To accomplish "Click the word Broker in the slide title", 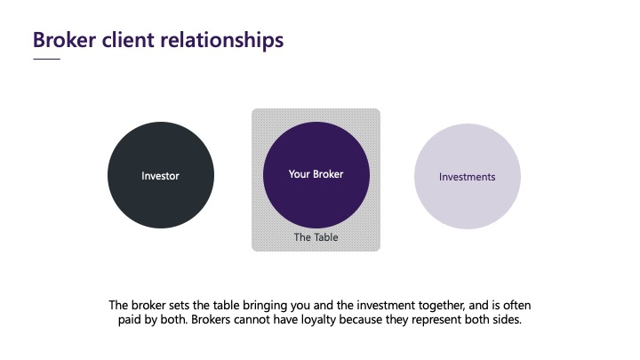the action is pos(65,40).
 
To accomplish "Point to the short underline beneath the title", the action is pos(46,59).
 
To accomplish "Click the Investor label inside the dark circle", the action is pos(160,176).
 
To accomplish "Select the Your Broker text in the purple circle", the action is pos(316,174).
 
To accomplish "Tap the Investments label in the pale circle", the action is pos(468,177).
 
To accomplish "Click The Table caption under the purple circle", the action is pos(316,237).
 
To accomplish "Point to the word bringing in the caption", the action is pos(265,305).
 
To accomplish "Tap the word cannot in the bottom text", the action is pos(250,320).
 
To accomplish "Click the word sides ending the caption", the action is pos(507,319).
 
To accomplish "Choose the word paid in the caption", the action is pos(127,320).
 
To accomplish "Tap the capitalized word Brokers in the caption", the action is pos(211,320).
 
